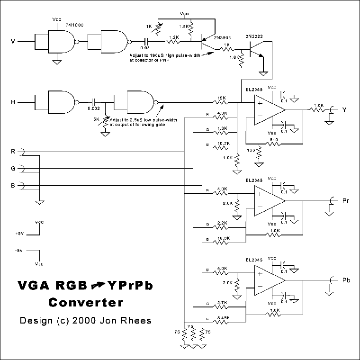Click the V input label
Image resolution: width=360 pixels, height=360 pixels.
13,42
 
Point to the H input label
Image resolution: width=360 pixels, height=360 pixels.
13,101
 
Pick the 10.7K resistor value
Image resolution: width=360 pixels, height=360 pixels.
221,143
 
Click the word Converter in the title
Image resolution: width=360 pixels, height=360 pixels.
86,302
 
